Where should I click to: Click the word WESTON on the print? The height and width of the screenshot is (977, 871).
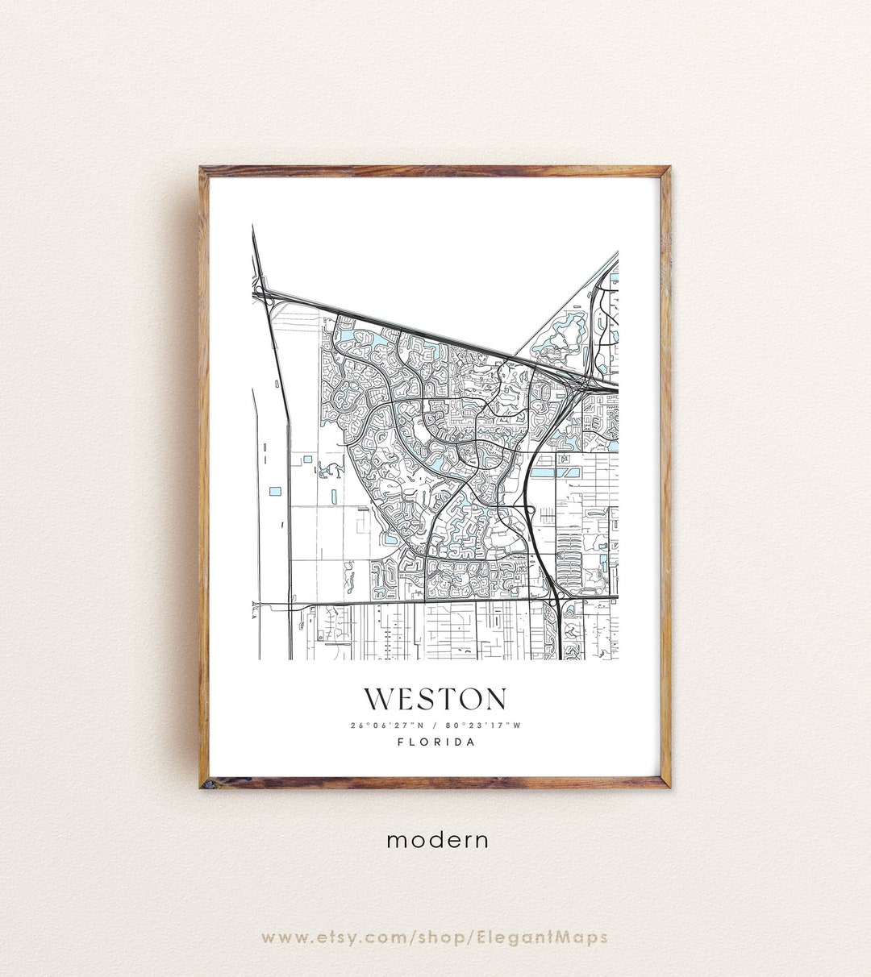435,699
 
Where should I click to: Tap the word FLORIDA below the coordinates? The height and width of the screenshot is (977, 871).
435,742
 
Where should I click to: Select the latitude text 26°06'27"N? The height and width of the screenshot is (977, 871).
386,725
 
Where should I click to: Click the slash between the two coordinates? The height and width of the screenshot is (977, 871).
435,725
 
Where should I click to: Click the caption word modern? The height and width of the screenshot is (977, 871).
437,840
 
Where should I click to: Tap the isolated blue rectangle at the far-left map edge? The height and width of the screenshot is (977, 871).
275,491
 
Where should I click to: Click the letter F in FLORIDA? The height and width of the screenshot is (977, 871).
401,742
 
